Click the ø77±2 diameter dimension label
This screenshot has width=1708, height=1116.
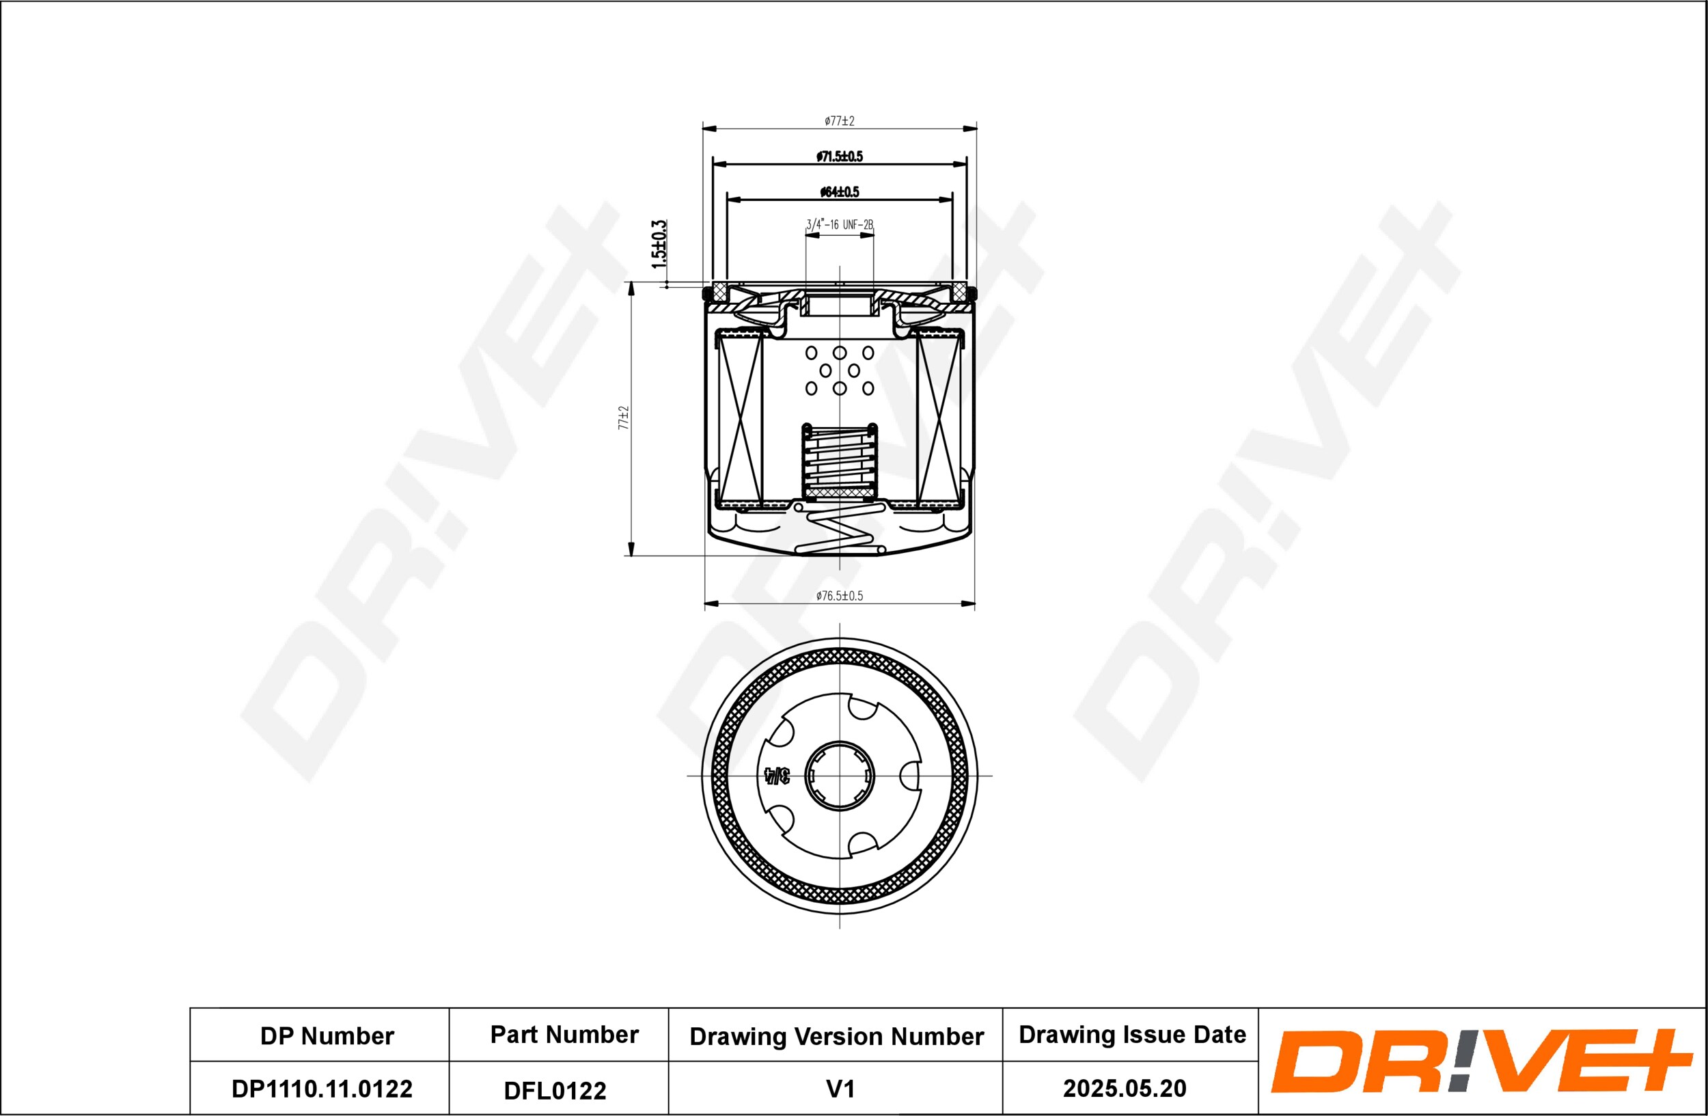839,120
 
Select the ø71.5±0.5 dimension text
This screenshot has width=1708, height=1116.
839,156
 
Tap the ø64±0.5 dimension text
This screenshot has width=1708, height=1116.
839,191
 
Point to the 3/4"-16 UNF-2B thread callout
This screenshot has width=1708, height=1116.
839,225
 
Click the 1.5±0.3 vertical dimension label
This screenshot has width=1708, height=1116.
659,244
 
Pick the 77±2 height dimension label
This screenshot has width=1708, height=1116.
624,418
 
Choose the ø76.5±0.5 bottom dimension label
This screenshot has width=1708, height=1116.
839,595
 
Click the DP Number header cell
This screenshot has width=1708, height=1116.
327,1035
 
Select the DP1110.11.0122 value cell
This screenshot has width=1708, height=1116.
322,1089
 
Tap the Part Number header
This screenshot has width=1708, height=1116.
564,1034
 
